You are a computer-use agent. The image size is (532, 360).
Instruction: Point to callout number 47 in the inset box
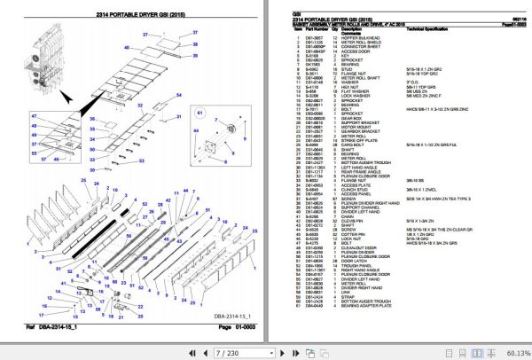[x=35, y=115]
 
